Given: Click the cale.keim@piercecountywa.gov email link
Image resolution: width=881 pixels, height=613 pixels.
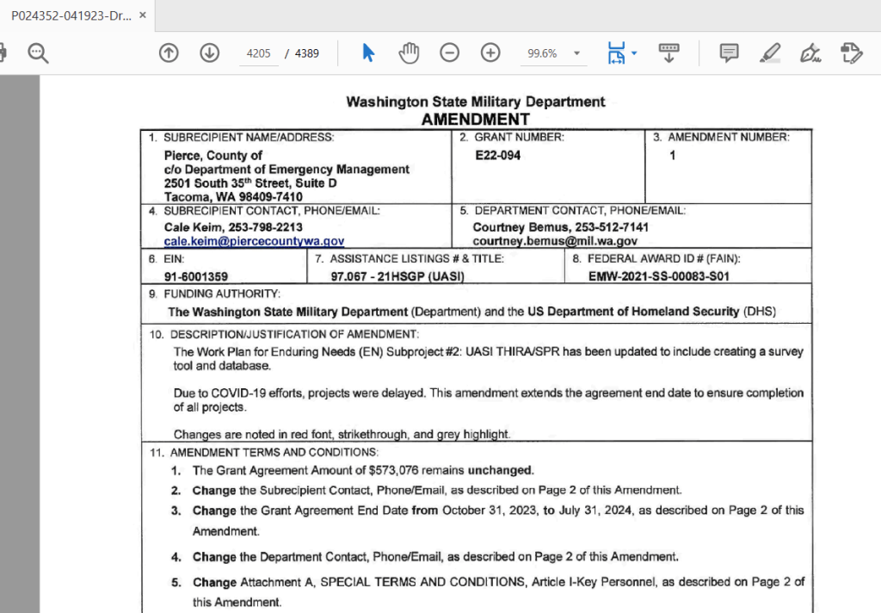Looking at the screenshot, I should (255, 242).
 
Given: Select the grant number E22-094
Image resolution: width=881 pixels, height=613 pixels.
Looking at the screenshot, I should (497, 156).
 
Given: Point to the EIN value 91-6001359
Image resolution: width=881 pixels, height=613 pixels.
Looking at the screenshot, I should (196, 276).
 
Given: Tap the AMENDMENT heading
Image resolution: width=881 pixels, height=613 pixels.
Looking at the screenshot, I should (475, 119).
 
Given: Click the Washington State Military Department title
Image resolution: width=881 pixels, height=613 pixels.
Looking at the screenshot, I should (475, 102).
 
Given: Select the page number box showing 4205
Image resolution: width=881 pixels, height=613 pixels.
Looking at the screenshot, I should (258, 53).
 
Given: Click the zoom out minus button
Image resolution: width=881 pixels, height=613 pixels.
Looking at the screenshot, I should (449, 53).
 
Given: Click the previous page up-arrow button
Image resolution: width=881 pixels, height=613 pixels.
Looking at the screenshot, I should (169, 53).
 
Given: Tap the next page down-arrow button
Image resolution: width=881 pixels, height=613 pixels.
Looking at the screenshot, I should (209, 53).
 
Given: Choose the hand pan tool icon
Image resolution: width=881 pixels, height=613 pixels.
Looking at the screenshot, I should (409, 53).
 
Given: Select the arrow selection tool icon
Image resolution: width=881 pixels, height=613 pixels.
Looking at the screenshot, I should (368, 53).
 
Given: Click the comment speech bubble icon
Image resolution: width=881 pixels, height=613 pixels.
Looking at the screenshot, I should (729, 53).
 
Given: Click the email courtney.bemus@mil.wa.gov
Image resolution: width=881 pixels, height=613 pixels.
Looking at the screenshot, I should (555, 242).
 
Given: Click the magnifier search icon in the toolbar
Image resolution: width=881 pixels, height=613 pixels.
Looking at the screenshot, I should (38, 53).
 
